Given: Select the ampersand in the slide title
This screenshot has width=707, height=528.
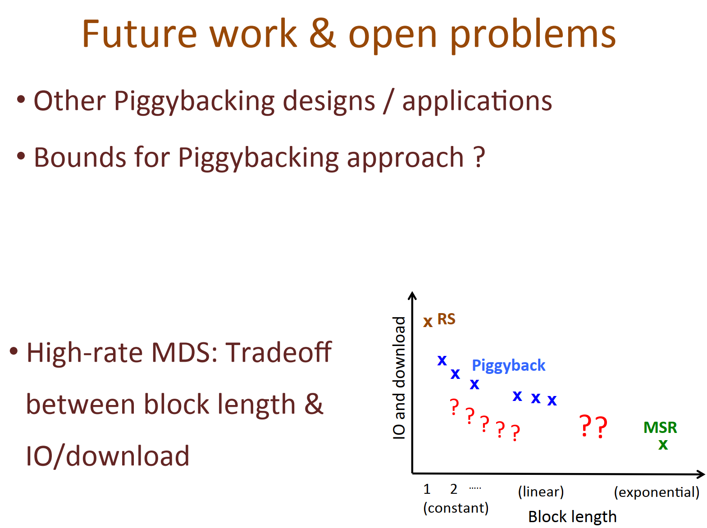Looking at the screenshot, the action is click(323, 33).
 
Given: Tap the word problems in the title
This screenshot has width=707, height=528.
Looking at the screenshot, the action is click(533, 36).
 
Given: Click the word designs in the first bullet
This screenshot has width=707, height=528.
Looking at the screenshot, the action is click(329, 102).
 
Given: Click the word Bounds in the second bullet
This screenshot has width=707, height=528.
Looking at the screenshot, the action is click(80, 157).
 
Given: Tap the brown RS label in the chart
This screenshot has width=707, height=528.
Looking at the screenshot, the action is click(446, 319).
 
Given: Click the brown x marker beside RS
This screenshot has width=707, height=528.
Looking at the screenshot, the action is click(428, 322).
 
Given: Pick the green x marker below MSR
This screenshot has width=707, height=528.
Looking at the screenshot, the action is click(663, 445).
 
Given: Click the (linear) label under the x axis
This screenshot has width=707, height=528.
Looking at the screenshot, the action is click(541, 492).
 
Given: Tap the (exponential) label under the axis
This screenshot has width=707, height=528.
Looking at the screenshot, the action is click(657, 492).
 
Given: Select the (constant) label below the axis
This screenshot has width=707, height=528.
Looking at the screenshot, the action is click(456, 508).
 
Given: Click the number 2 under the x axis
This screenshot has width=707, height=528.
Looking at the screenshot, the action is click(453, 489).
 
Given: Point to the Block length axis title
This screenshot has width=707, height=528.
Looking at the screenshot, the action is click(572, 517).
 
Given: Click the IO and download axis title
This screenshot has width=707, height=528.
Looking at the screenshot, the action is click(399, 378).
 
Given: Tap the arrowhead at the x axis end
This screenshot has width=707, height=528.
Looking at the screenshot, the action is click(702, 474).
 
